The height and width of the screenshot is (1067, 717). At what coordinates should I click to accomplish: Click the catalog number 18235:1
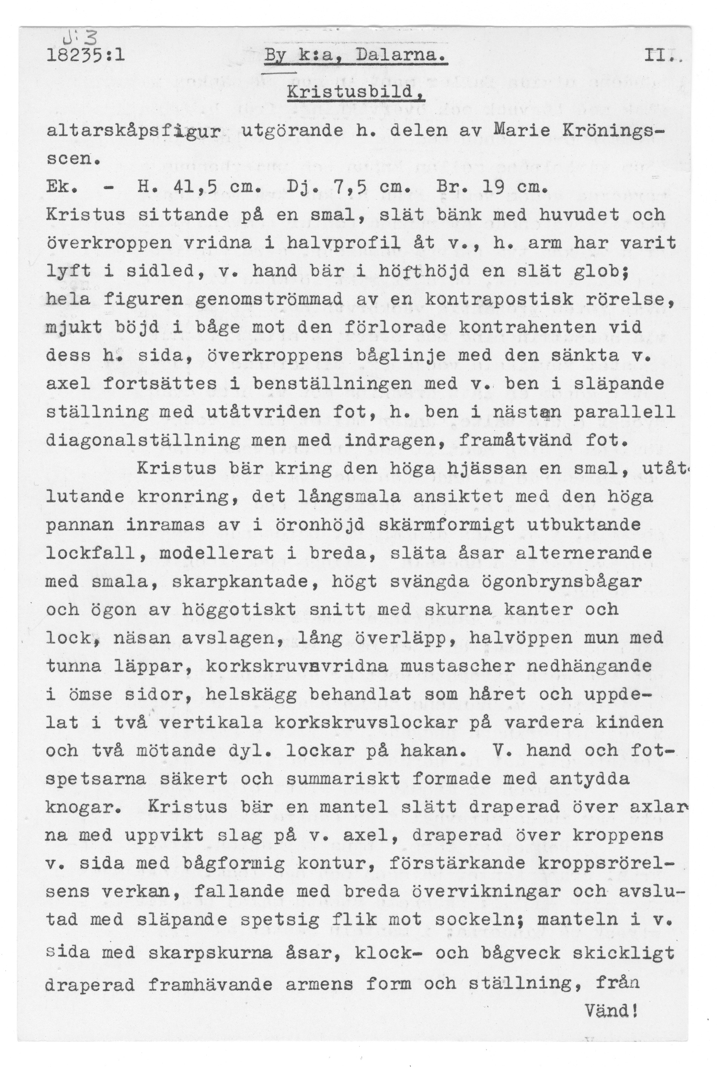click(86, 57)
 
